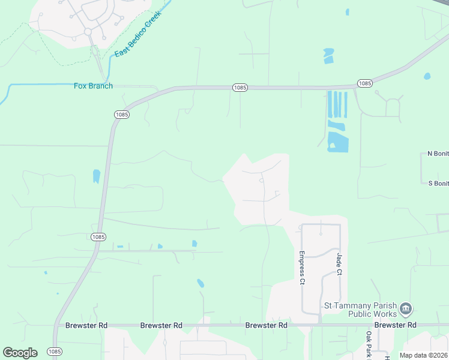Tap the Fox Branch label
click(93, 86)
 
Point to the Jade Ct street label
click(339, 265)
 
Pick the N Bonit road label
click(438, 154)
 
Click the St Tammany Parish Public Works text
click(361, 309)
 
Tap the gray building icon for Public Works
click(406, 309)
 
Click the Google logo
click(20, 353)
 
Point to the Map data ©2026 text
click(423, 355)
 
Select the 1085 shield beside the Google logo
click(55, 352)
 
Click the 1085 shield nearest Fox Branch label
click(121, 114)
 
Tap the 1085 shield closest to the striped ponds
click(364, 83)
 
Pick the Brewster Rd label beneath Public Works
click(395, 325)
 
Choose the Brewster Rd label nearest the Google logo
click(86, 325)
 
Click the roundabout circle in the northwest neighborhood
click(88, 31)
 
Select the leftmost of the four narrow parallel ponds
click(329, 104)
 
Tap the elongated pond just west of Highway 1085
click(96, 176)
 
